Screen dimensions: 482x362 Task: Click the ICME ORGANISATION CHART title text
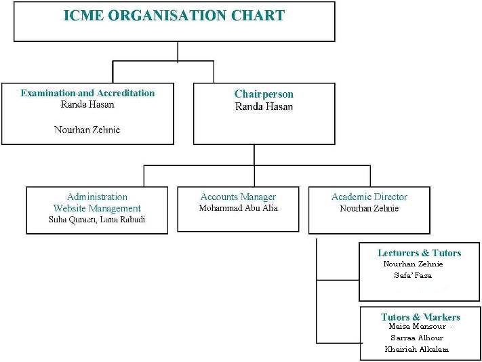174,16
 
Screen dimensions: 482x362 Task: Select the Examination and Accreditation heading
87,93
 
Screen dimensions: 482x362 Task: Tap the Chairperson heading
264,94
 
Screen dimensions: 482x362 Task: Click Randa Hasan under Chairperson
264,106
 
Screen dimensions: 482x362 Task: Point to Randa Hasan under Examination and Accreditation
87,104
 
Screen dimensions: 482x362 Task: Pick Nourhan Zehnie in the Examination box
87,129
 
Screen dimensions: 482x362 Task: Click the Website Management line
97,208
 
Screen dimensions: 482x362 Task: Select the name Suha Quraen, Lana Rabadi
96,220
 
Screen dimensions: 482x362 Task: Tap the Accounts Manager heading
238,197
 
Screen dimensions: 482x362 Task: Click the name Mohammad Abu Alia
238,208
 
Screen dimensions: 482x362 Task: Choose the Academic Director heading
369,197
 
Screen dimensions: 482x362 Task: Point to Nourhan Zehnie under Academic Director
369,208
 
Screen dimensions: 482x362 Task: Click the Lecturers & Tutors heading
419,253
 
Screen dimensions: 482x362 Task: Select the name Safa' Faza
413,275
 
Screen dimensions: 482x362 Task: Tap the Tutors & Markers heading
420,317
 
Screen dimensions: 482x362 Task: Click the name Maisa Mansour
417,326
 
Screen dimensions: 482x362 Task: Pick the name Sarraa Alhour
417,338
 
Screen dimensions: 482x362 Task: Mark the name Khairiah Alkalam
416,349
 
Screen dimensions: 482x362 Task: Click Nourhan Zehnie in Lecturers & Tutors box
413,264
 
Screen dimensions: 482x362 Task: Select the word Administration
97,197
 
